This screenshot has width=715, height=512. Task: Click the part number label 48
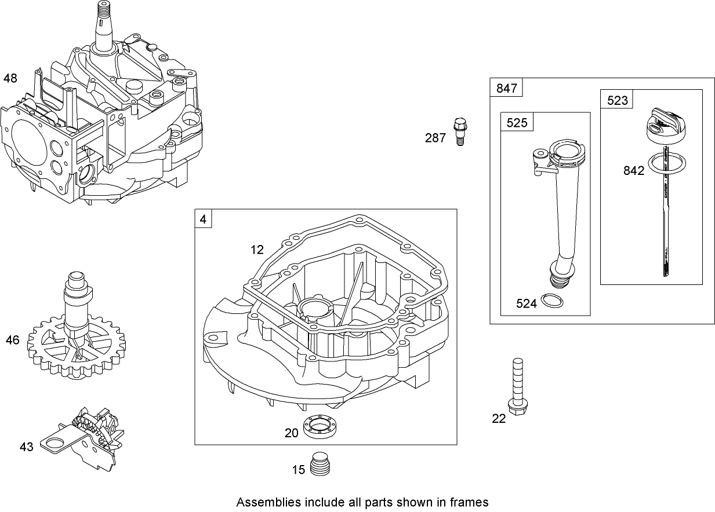tap(10, 78)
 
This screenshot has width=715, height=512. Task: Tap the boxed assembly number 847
tap(506, 89)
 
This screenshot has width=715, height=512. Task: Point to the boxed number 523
tap(617, 100)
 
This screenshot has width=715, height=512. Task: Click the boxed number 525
tap(517, 122)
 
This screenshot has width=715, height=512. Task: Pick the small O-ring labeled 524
tap(551, 300)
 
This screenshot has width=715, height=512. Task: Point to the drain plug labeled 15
tap(320, 464)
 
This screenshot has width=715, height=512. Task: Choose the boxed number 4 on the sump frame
tap(203, 220)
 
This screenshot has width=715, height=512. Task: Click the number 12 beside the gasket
tap(257, 250)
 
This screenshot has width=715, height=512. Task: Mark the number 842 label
tap(633, 171)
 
